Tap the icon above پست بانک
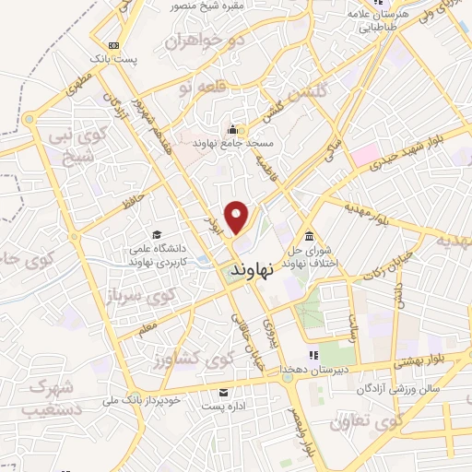coord(113,44)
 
